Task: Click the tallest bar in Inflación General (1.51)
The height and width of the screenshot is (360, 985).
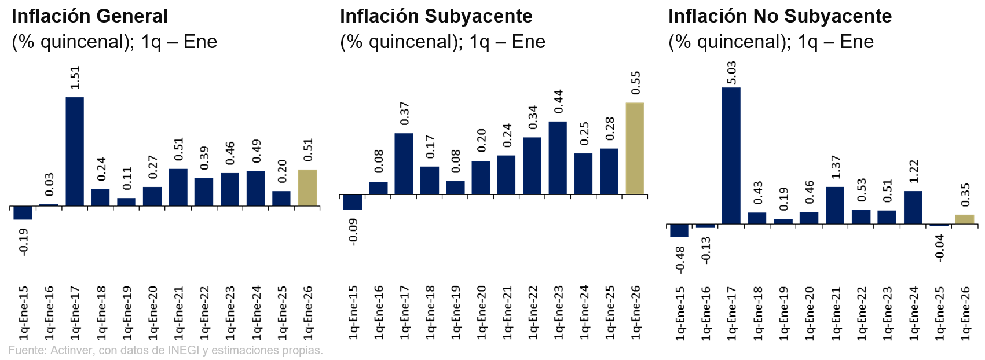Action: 75,151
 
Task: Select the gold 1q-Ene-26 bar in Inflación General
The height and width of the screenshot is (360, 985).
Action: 307,188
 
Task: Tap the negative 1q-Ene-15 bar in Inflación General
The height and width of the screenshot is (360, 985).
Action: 23,212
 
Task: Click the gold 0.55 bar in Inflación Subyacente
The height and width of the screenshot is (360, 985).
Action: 635,148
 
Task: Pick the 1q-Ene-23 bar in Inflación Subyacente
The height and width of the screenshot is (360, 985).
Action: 558,157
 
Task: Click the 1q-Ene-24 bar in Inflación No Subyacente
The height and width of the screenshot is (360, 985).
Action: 913,207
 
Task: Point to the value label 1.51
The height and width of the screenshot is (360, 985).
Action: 75,78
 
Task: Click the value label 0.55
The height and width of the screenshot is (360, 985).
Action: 636,83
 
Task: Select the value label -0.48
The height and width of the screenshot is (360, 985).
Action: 680,259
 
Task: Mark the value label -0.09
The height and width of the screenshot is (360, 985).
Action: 353,232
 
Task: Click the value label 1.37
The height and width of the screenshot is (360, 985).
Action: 835,167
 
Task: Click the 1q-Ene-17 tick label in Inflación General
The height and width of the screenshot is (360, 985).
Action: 75,312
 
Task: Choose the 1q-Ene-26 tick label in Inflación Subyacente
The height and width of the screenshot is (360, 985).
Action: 636,312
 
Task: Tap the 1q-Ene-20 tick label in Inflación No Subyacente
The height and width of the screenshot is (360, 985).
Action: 810,313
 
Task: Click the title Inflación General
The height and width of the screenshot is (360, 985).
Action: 90,16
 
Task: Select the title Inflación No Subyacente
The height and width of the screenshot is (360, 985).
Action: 779,16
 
